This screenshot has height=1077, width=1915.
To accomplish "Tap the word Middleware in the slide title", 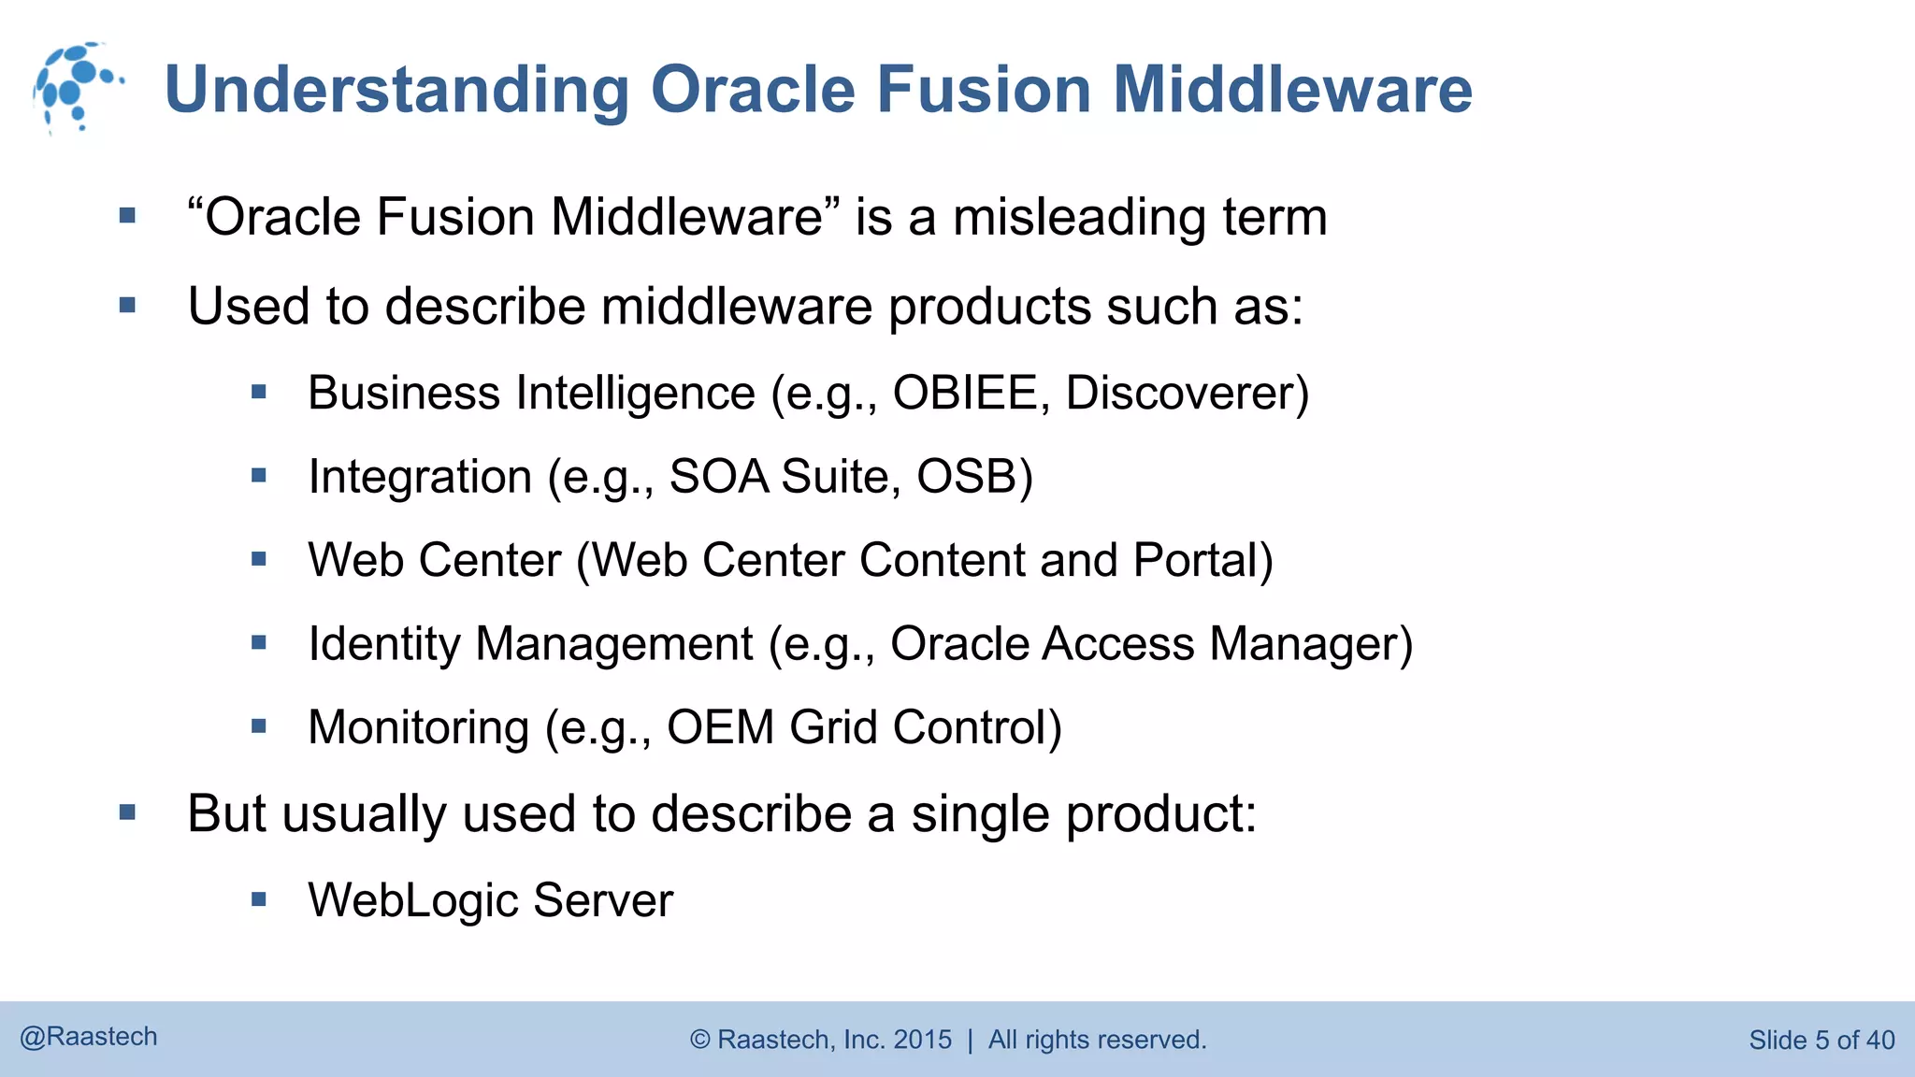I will click(1292, 90).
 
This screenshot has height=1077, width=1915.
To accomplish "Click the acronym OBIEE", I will click(964, 393).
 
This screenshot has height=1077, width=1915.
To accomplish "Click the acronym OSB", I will click(973, 477).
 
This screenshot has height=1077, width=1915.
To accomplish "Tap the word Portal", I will click(1202, 561).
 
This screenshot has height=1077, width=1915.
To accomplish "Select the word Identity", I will click(384, 644).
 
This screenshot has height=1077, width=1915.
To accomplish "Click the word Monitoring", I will click(419, 727).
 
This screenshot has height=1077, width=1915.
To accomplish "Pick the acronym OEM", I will click(720, 727).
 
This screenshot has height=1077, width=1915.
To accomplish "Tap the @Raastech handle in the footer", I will click(89, 1037).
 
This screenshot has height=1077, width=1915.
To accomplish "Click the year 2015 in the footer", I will click(922, 1040).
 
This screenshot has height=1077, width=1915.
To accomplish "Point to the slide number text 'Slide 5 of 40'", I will click(1821, 1040).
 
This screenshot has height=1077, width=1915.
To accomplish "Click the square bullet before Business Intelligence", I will click(259, 393).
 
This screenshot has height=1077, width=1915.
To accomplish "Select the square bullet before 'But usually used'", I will click(128, 812).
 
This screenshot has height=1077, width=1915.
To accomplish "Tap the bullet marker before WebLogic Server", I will click(259, 900).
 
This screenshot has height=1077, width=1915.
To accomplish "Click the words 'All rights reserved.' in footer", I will click(1097, 1040).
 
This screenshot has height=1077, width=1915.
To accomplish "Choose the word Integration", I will click(420, 477).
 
